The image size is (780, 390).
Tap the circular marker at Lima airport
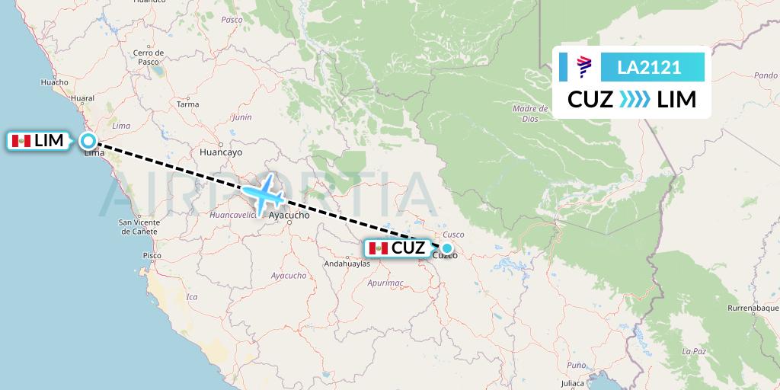pyautogui.click(x=88, y=141)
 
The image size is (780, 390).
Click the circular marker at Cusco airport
pyautogui.click(x=447, y=248)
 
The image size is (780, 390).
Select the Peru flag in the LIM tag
pyautogui.click(x=21, y=141)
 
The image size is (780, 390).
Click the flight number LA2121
pyautogui.click(x=649, y=68)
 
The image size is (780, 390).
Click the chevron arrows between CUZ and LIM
pyautogui.click(x=635, y=100)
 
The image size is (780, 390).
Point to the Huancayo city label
pyautogui.click(x=219, y=152)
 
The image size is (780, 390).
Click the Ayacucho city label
pyautogui.click(x=290, y=216)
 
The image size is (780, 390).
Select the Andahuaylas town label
pyautogui.click(x=347, y=264)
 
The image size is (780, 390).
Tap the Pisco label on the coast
pyautogui.click(x=152, y=256)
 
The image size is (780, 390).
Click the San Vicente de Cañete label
pyautogui.click(x=138, y=226)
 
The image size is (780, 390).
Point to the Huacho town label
pyautogui.click(x=54, y=82)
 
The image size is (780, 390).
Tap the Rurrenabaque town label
pyautogui.click(x=753, y=308)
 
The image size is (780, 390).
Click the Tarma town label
pyautogui.click(x=187, y=104)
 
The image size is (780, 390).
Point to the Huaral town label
pyautogui.click(x=82, y=99)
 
